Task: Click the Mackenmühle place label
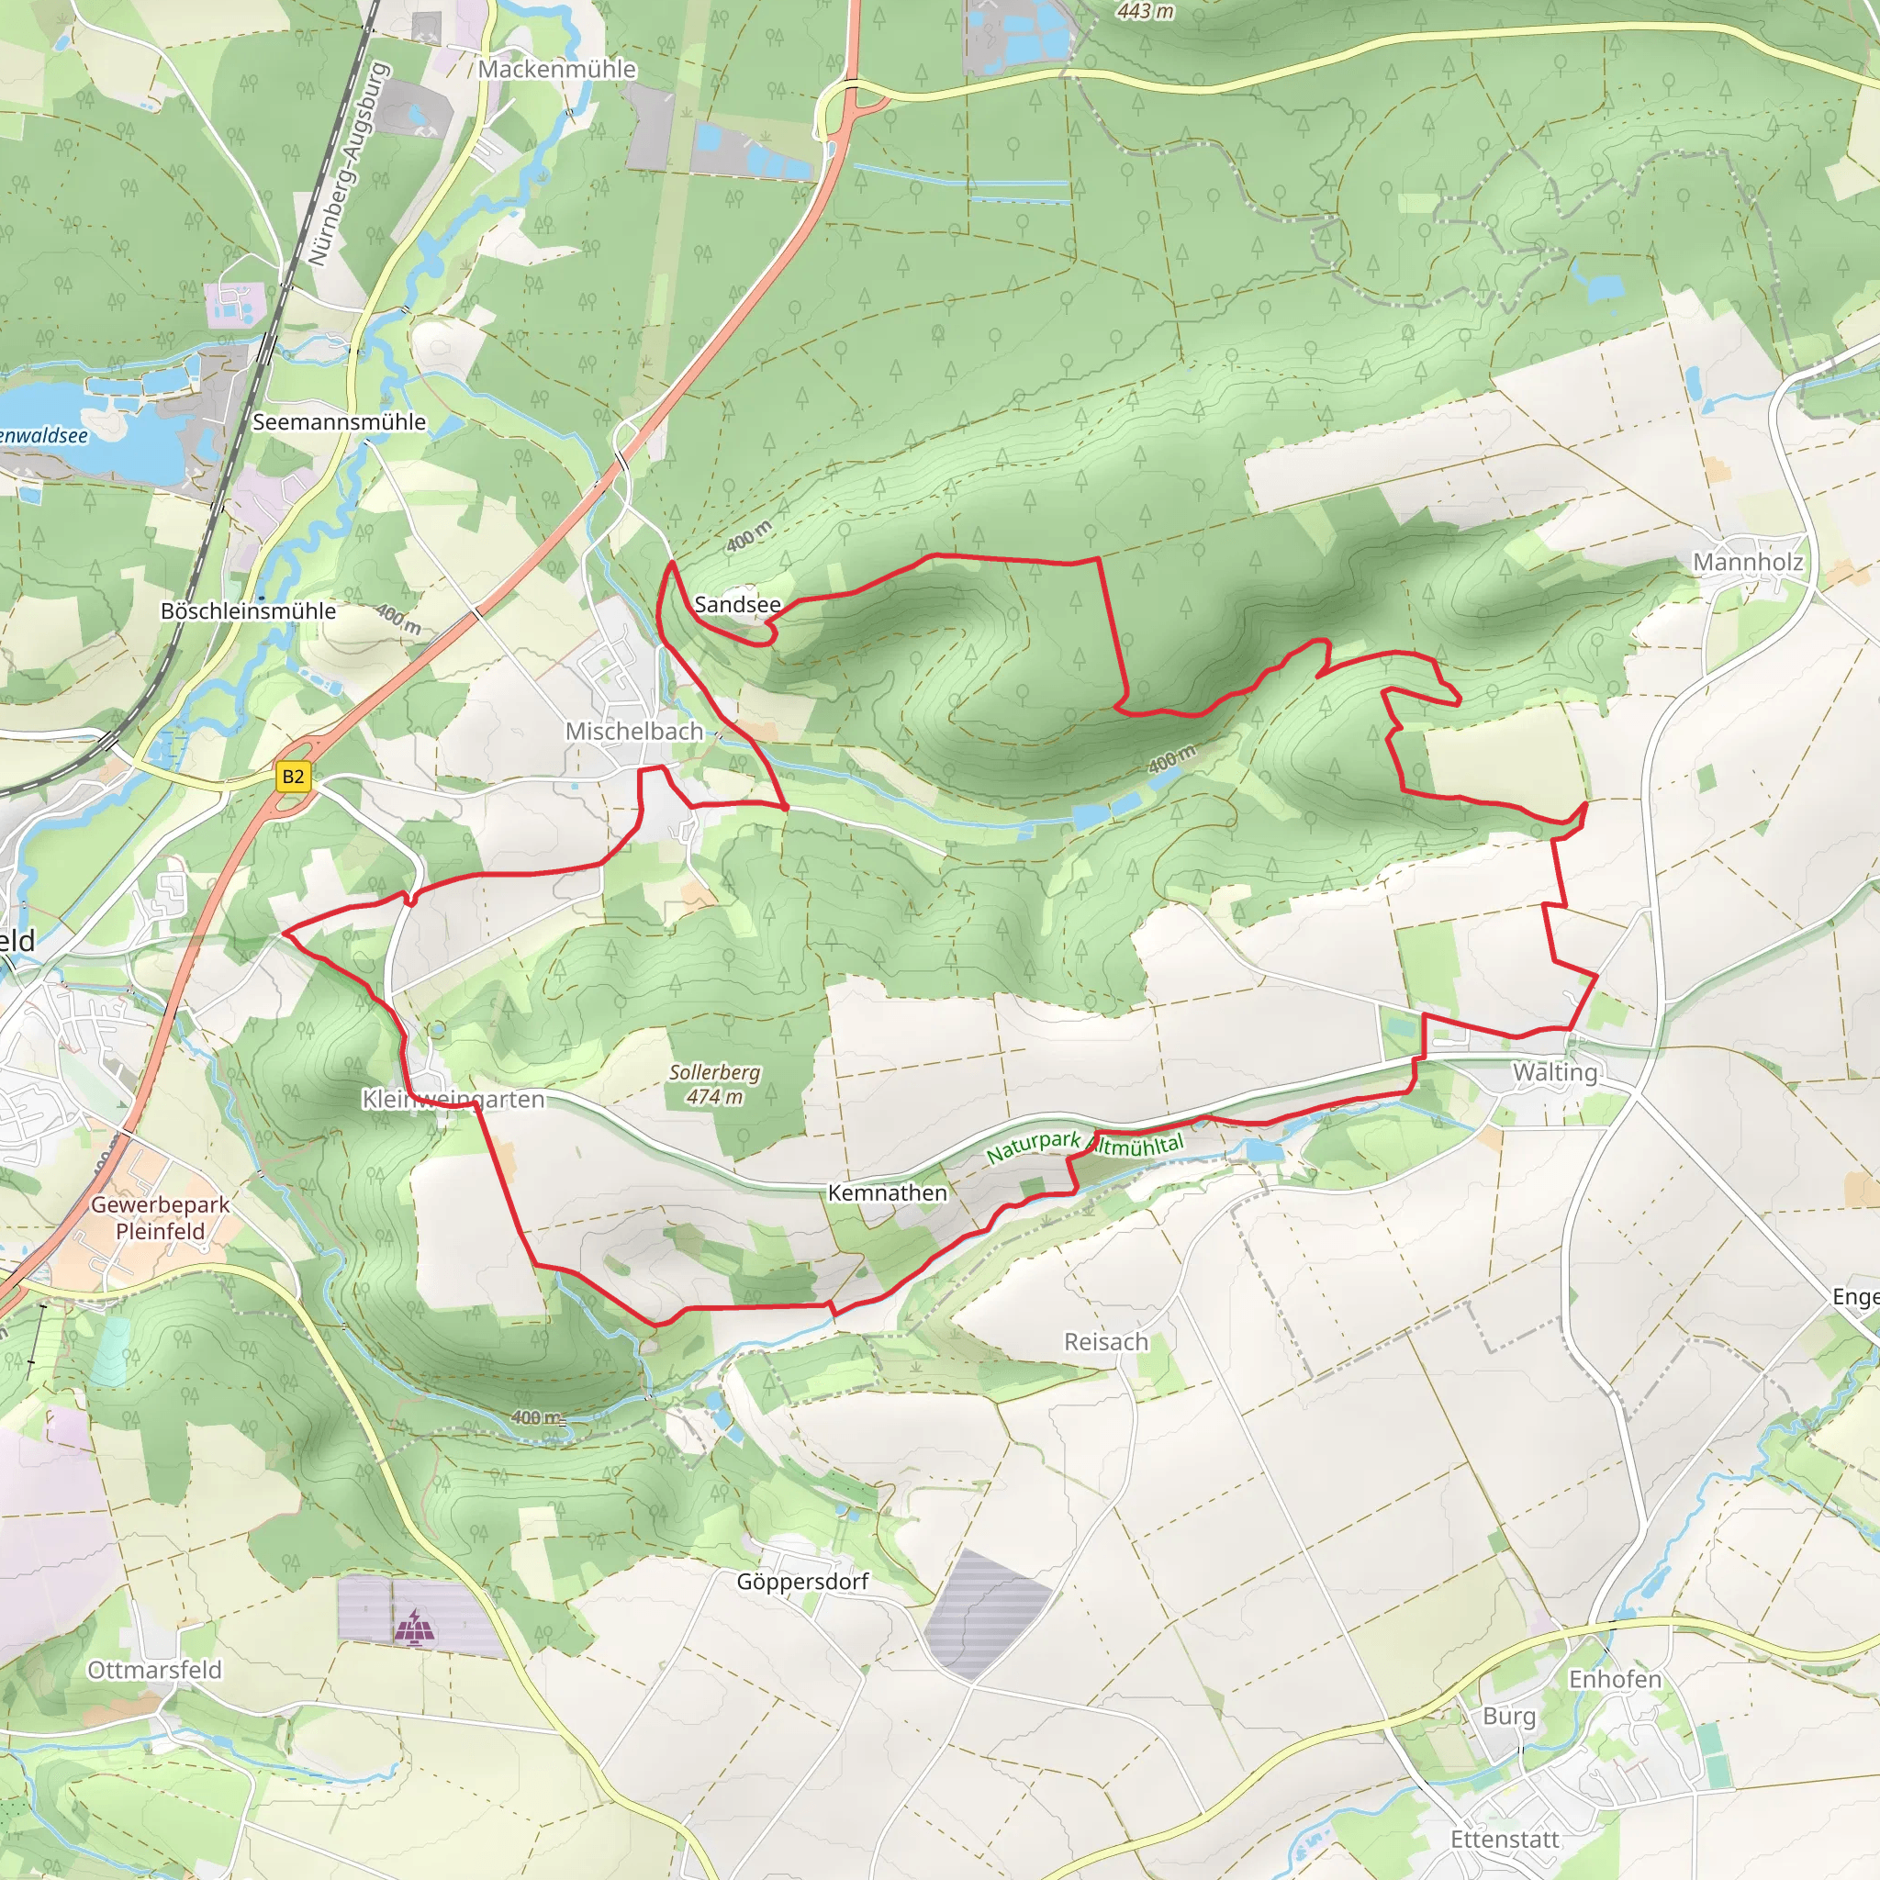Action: pos(556,69)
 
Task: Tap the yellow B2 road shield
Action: pos(293,777)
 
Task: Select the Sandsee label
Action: pos(736,604)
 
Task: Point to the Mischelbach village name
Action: pos(633,731)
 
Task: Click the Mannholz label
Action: pos(1748,563)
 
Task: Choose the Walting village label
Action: pos(1555,1072)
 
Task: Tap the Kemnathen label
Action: pos(887,1193)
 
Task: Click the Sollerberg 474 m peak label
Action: pos(714,1084)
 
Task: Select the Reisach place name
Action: pos(1105,1342)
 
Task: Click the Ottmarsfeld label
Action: pos(155,1670)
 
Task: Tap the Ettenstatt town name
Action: pos(1505,1839)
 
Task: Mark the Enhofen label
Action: pos(1615,1680)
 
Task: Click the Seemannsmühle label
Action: pos(339,422)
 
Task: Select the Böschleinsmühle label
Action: pos(248,611)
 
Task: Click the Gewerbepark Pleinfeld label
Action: pos(161,1217)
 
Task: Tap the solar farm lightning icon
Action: pos(415,1625)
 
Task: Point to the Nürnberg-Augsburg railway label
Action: pos(347,165)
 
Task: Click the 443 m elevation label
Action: pos(1146,12)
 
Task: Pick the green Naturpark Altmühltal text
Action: pos(1084,1146)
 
